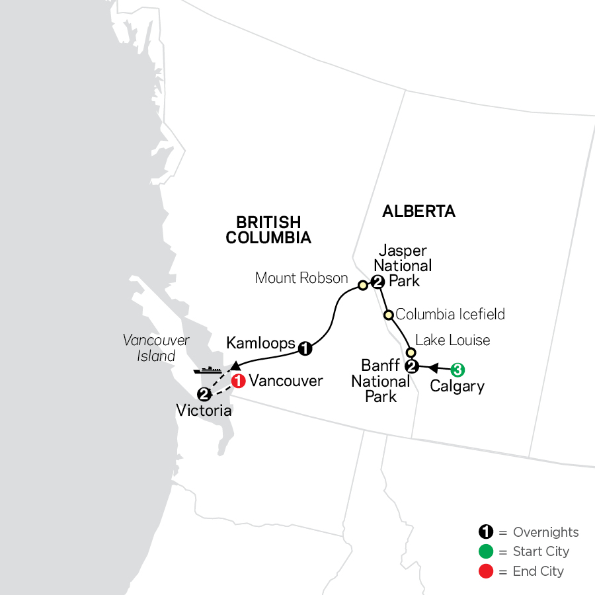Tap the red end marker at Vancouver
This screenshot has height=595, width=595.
(239, 381)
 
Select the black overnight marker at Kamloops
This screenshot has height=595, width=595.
(304, 348)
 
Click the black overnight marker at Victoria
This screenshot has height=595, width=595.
(204, 395)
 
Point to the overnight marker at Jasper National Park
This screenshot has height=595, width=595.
(377, 282)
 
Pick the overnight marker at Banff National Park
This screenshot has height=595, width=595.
(411, 367)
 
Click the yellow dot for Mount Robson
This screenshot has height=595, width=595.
(362, 286)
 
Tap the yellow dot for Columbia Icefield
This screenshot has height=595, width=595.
(389, 315)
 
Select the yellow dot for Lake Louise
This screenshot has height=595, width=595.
(410, 352)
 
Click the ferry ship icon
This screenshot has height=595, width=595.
(208, 370)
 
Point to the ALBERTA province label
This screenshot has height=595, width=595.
(419, 212)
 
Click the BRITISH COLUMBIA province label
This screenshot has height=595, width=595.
(268, 230)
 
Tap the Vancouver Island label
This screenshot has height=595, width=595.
(156, 348)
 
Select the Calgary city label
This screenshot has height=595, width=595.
(457, 386)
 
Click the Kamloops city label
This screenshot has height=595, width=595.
(260, 342)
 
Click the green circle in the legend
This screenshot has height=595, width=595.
(486, 551)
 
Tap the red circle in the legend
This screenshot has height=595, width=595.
(486, 571)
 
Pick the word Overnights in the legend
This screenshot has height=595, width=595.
(545, 532)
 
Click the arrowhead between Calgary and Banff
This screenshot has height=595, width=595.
(434, 367)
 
